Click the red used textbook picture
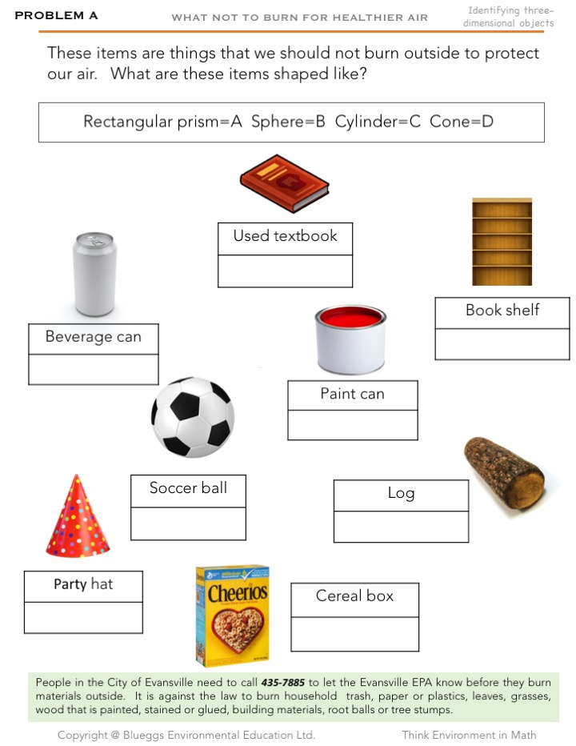[284, 182]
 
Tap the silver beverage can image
[94, 274]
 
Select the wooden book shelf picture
[502, 242]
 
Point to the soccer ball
[193, 417]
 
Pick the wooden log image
[505, 474]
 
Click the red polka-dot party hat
[78, 518]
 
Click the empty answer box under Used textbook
[285, 271]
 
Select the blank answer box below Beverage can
[93, 369]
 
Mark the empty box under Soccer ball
[188, 523]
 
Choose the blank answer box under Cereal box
[354, 634]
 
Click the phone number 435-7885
[282, 683]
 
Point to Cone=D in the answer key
[462, 122]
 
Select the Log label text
[401, 493]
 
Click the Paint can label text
[352, 394]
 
